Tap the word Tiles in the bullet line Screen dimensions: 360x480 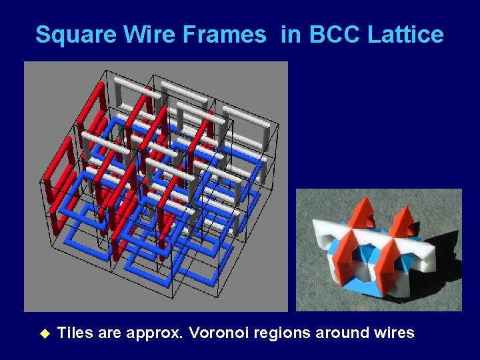click(75, 333)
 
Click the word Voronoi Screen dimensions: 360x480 click(220, 333)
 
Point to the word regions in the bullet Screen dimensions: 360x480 click(287, 333)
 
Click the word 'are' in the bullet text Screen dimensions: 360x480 click(109, 333)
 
